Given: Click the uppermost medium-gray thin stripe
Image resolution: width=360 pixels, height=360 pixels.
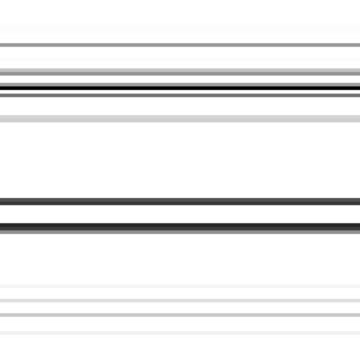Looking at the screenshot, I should pos(180,45).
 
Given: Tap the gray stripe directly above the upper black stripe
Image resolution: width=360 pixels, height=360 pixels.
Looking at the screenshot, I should pos(180,73).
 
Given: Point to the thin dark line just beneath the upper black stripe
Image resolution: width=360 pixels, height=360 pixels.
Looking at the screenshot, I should pos(180,94).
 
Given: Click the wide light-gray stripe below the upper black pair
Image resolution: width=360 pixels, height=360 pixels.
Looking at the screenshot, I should pos(180,118).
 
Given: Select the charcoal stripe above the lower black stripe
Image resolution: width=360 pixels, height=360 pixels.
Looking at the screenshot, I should pos(180,202).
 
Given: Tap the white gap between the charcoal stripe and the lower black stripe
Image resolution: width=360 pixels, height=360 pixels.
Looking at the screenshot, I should pos(180,214).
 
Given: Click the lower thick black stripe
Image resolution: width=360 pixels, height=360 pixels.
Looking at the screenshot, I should pos(180,226).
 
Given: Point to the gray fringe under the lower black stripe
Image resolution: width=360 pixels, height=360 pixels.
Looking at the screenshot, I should pos(180,231).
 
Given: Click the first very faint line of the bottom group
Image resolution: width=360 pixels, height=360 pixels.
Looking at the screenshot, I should pos(180,288).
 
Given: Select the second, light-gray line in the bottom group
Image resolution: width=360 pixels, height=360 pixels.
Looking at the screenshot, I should pos(180,301).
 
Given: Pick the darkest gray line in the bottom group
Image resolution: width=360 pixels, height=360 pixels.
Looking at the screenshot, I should pos(180,315).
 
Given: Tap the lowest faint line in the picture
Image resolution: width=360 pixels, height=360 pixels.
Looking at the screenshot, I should pos(180,333).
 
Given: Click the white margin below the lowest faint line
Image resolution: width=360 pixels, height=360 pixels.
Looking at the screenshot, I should pos(180,348).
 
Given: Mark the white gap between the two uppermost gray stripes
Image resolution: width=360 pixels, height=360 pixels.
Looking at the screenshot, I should pos(180,58).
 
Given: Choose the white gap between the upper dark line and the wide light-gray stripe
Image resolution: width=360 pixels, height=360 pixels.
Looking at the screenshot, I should pos(180,105).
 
